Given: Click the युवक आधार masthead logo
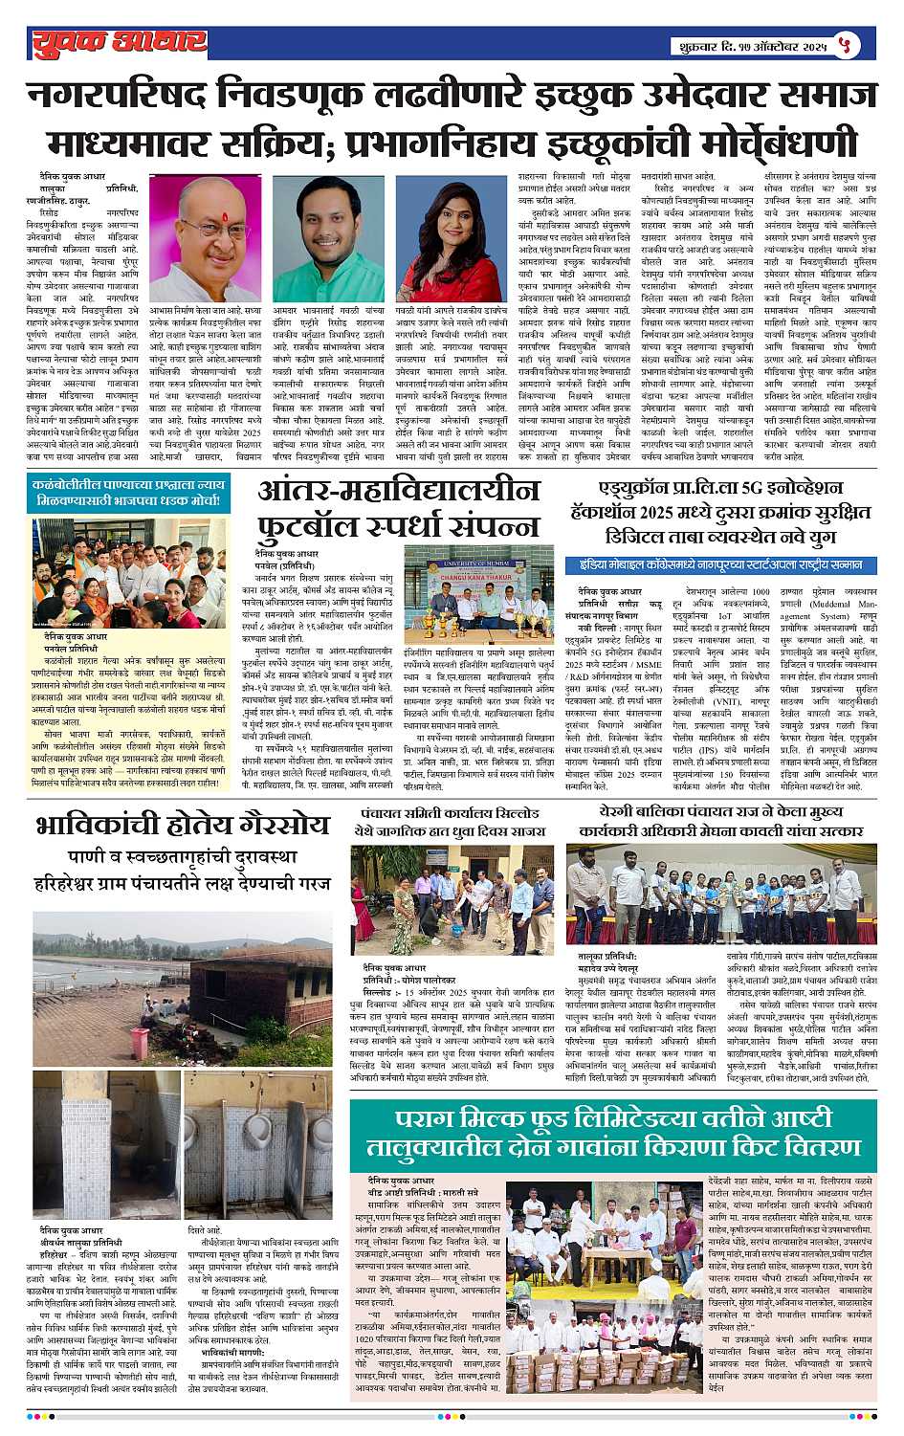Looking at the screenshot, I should click(x=119, y=42).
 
